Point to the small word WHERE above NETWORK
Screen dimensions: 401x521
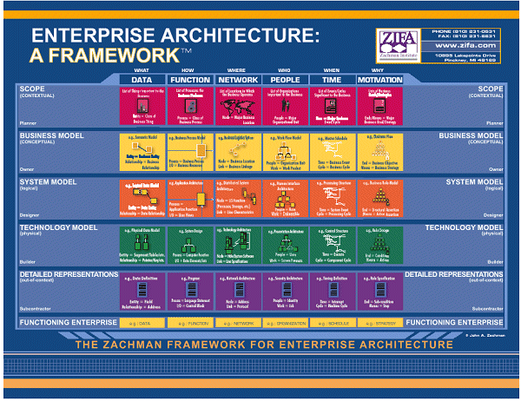point(235,69)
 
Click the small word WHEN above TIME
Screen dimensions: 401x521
point(331,69)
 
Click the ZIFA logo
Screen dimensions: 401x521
point(397,39)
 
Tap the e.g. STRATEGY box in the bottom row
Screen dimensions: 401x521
point(379,321)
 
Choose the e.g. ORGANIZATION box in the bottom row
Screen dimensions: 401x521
point(283,321)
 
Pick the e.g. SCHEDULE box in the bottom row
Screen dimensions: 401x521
point(331,321)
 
